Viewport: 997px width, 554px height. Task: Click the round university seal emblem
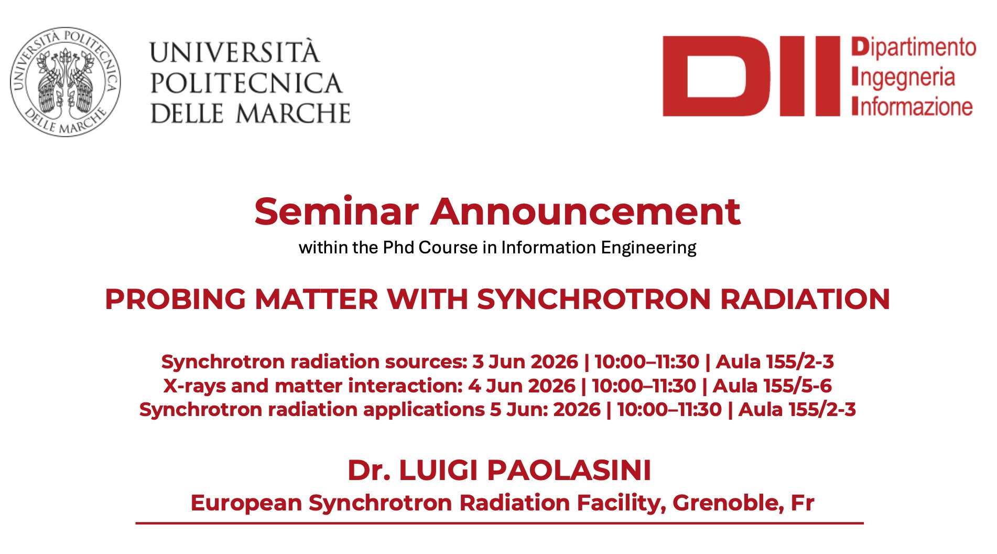tap(66, 82)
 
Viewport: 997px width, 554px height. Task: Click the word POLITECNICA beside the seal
tap(246, 83)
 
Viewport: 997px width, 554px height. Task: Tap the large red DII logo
tap(751, 76)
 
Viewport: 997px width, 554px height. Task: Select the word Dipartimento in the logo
tap(914, 47)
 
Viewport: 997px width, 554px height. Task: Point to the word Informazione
tap(912, 106)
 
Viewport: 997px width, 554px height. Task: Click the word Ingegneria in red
tap(903, 78)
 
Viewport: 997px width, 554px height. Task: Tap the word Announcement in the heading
tap(586, 211)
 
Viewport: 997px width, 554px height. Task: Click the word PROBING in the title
tap(175, 299)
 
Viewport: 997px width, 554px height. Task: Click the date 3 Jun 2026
tap(525, 361)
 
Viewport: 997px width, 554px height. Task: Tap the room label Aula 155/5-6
tap(772, 386)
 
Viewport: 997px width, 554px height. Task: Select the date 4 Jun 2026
tap(522, 386)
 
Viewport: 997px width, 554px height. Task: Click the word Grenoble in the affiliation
tap(728, 503)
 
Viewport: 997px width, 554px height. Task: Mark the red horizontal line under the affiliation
tap(500, 523)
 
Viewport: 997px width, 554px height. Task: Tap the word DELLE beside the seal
tap(187, 113)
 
